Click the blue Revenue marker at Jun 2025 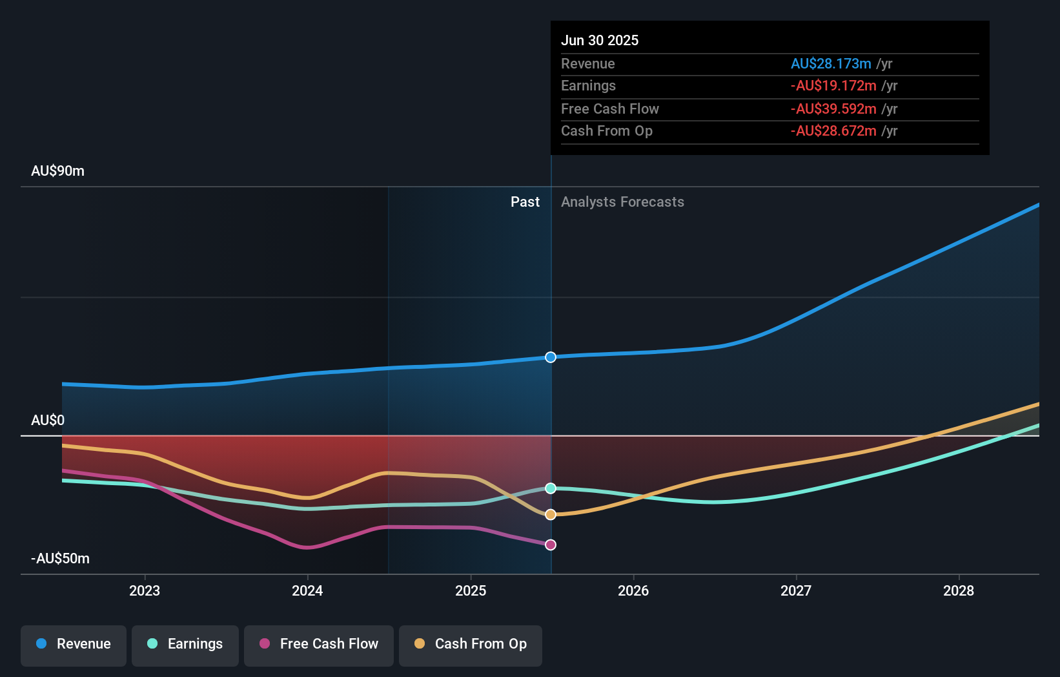[551, 357]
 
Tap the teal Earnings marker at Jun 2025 [551, 488]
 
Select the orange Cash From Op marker [551, 515]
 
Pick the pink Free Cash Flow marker [551, 545]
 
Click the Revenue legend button [74, 644]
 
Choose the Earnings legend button [185, 644]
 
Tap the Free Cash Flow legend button [319, 644]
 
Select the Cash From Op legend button [471, 644]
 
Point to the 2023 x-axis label [145, 590]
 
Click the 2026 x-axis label [633, 590]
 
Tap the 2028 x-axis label [959, 590]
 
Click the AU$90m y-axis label [57, 171]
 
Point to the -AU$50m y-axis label [60, 559]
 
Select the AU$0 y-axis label [48, 421]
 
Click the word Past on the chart [525, 202]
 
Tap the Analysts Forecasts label [622, 202]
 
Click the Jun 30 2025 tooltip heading [600, 41]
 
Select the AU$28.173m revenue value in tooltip [831, 64]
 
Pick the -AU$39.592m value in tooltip [833, 109]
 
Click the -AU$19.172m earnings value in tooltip [833, 86]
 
